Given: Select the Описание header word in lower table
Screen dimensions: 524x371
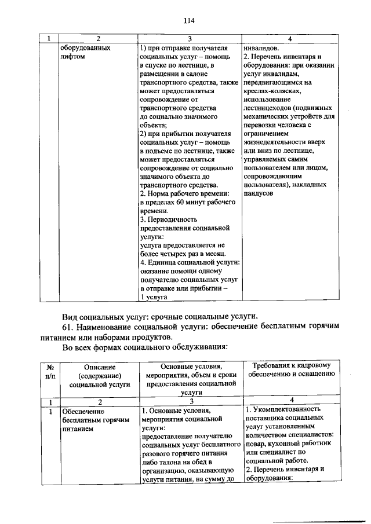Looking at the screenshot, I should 99,367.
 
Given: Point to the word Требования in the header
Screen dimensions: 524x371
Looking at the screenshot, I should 274,365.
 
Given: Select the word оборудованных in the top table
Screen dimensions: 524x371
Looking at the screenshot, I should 85,49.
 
